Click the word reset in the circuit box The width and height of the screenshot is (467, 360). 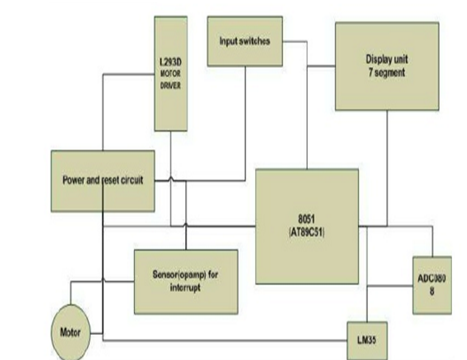coord(112,181)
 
